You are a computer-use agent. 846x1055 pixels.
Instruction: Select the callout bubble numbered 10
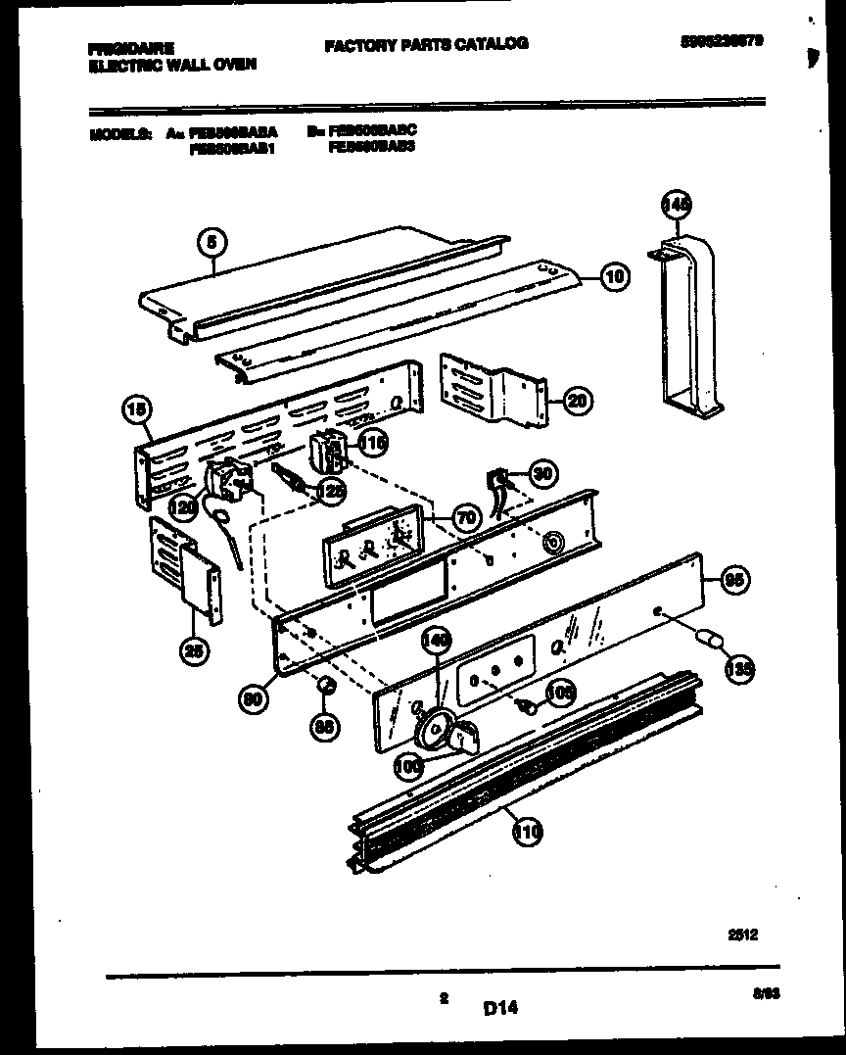click(x=614, y=277)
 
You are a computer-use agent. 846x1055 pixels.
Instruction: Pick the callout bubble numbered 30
click(x=540, y=473)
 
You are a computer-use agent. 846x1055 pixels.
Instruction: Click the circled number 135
click(x=737, y=669)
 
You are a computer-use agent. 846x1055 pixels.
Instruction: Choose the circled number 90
click(x=254, y=696)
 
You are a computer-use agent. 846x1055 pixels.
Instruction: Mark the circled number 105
click(x=561, y=693)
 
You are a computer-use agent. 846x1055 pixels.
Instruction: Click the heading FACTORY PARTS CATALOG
click(x=425, y=43)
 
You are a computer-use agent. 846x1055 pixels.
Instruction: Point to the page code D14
click(x=499, y=1006)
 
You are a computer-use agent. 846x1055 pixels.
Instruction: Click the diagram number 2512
click(x=743, y=935)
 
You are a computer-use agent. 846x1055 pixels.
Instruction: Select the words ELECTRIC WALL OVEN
click(x=171, y=64)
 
